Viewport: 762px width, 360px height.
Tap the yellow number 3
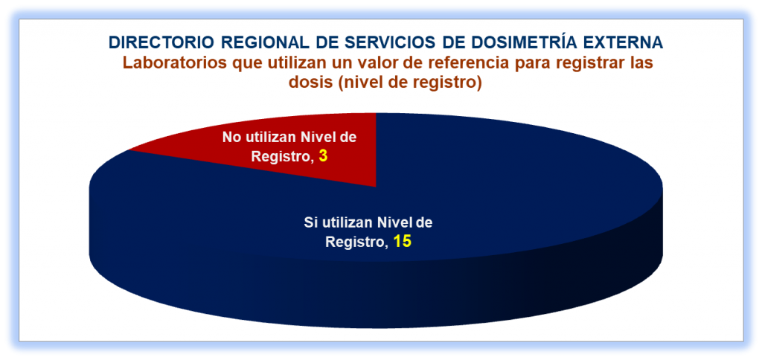tap(322, 156)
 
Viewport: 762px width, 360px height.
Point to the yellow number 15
tap(403, 241)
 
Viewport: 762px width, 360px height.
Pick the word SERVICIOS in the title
tap(375, 42)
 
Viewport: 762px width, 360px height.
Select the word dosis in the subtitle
tap(309, 83)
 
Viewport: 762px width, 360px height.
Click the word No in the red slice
tap(231, 138)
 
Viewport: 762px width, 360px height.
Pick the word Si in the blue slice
tap(310, 223)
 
